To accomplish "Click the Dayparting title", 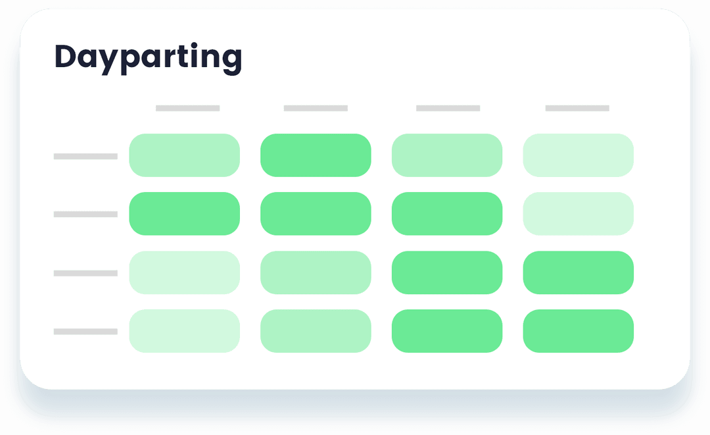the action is [x=148, y=58].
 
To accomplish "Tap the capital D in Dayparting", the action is [x=66, y=56].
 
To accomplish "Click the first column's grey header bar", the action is [x=187, y=108].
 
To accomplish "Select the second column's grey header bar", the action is [x=316, y=108].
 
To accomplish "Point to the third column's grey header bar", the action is [x=448, y=108].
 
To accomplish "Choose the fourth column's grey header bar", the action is [x=577, y=108].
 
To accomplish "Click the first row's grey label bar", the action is [x=85, y=157].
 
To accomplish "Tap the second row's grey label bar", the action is [x=85, y=215].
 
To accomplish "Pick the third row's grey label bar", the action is [x=85, y=273].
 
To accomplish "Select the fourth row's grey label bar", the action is [x=85, y=332].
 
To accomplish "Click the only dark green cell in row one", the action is [x=316, y=155].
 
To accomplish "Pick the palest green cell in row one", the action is [x=579, y=155].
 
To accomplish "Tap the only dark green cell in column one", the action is [x=184, y=213].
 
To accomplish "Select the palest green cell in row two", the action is [x=579, y=213].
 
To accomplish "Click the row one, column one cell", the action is [x=184, y=155].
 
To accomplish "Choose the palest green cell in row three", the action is [x=184, y=272].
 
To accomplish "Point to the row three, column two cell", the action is [x=316, y=272].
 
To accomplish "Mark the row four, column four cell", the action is [x=579, y=331].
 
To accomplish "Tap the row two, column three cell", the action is [x=447, y=213].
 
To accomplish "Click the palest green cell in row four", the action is [x=184, y=331].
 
